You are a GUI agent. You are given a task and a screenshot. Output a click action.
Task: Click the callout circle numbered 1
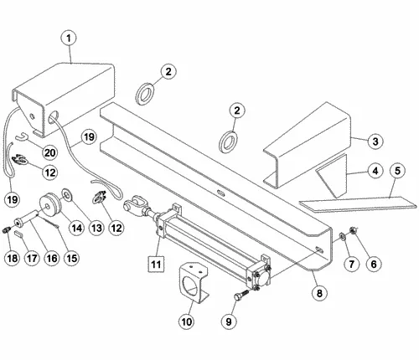click(69, 39)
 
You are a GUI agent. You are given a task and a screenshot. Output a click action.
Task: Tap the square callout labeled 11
click(157, 264)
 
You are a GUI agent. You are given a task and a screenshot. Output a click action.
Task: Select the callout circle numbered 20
click(50, 152)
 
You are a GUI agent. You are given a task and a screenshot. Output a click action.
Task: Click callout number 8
click(319, 293)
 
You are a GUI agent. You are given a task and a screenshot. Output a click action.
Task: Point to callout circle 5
click(397, 171)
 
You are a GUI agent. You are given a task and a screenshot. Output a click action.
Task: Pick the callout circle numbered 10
click(186, 321)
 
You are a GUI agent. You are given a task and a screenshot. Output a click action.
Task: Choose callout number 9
click(229, 321)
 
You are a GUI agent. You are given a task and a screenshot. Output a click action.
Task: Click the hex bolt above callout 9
click(241, 295)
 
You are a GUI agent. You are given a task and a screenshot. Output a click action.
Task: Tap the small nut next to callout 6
click(353, 230)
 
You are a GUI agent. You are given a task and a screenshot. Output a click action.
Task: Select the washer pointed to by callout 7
click(342, 237)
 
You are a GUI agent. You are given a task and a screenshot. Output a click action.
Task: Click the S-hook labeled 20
click(21, 137)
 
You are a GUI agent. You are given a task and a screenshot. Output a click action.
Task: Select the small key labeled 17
click(18, 234)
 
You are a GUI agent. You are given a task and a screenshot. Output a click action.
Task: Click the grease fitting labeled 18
click(7, 230)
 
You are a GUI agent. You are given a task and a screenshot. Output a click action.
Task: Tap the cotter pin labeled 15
click(48, 221)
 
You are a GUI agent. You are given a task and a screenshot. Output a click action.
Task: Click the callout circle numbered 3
click(375, 141)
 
